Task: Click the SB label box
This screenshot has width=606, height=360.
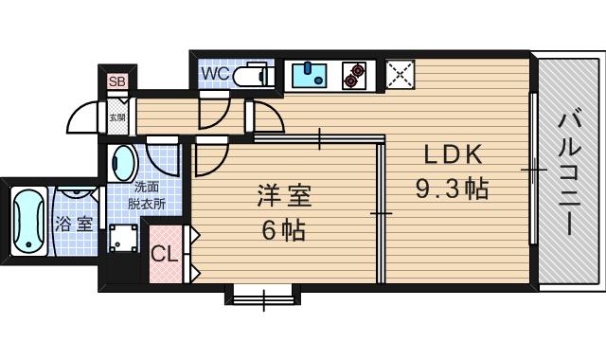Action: (117, 81)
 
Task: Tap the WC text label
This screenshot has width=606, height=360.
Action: (212, 73)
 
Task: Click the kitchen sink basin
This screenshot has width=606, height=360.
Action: (308, 74)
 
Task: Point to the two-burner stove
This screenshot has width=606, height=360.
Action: (355, 75)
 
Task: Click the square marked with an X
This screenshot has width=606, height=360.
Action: (400, 74)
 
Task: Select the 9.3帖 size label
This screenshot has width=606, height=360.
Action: (452, 188)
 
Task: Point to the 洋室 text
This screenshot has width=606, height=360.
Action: (284, 198)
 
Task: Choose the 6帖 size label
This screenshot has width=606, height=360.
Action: (284, 229)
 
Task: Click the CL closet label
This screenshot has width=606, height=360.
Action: (163, 254)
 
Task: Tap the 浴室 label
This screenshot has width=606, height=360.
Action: (73, 225)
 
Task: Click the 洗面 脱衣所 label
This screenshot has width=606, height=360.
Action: (148, 196)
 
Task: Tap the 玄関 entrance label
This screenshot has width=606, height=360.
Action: (116, 118)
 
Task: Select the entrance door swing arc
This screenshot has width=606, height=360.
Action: (83, 116)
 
